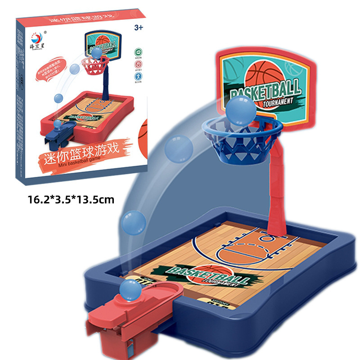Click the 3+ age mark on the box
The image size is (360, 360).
click(x=138, y=27)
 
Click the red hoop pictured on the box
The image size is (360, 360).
click(x=95, y=65)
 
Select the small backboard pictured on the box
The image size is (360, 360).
click(x=105, y=45)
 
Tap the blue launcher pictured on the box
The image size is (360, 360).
click(x=60, y=130)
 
